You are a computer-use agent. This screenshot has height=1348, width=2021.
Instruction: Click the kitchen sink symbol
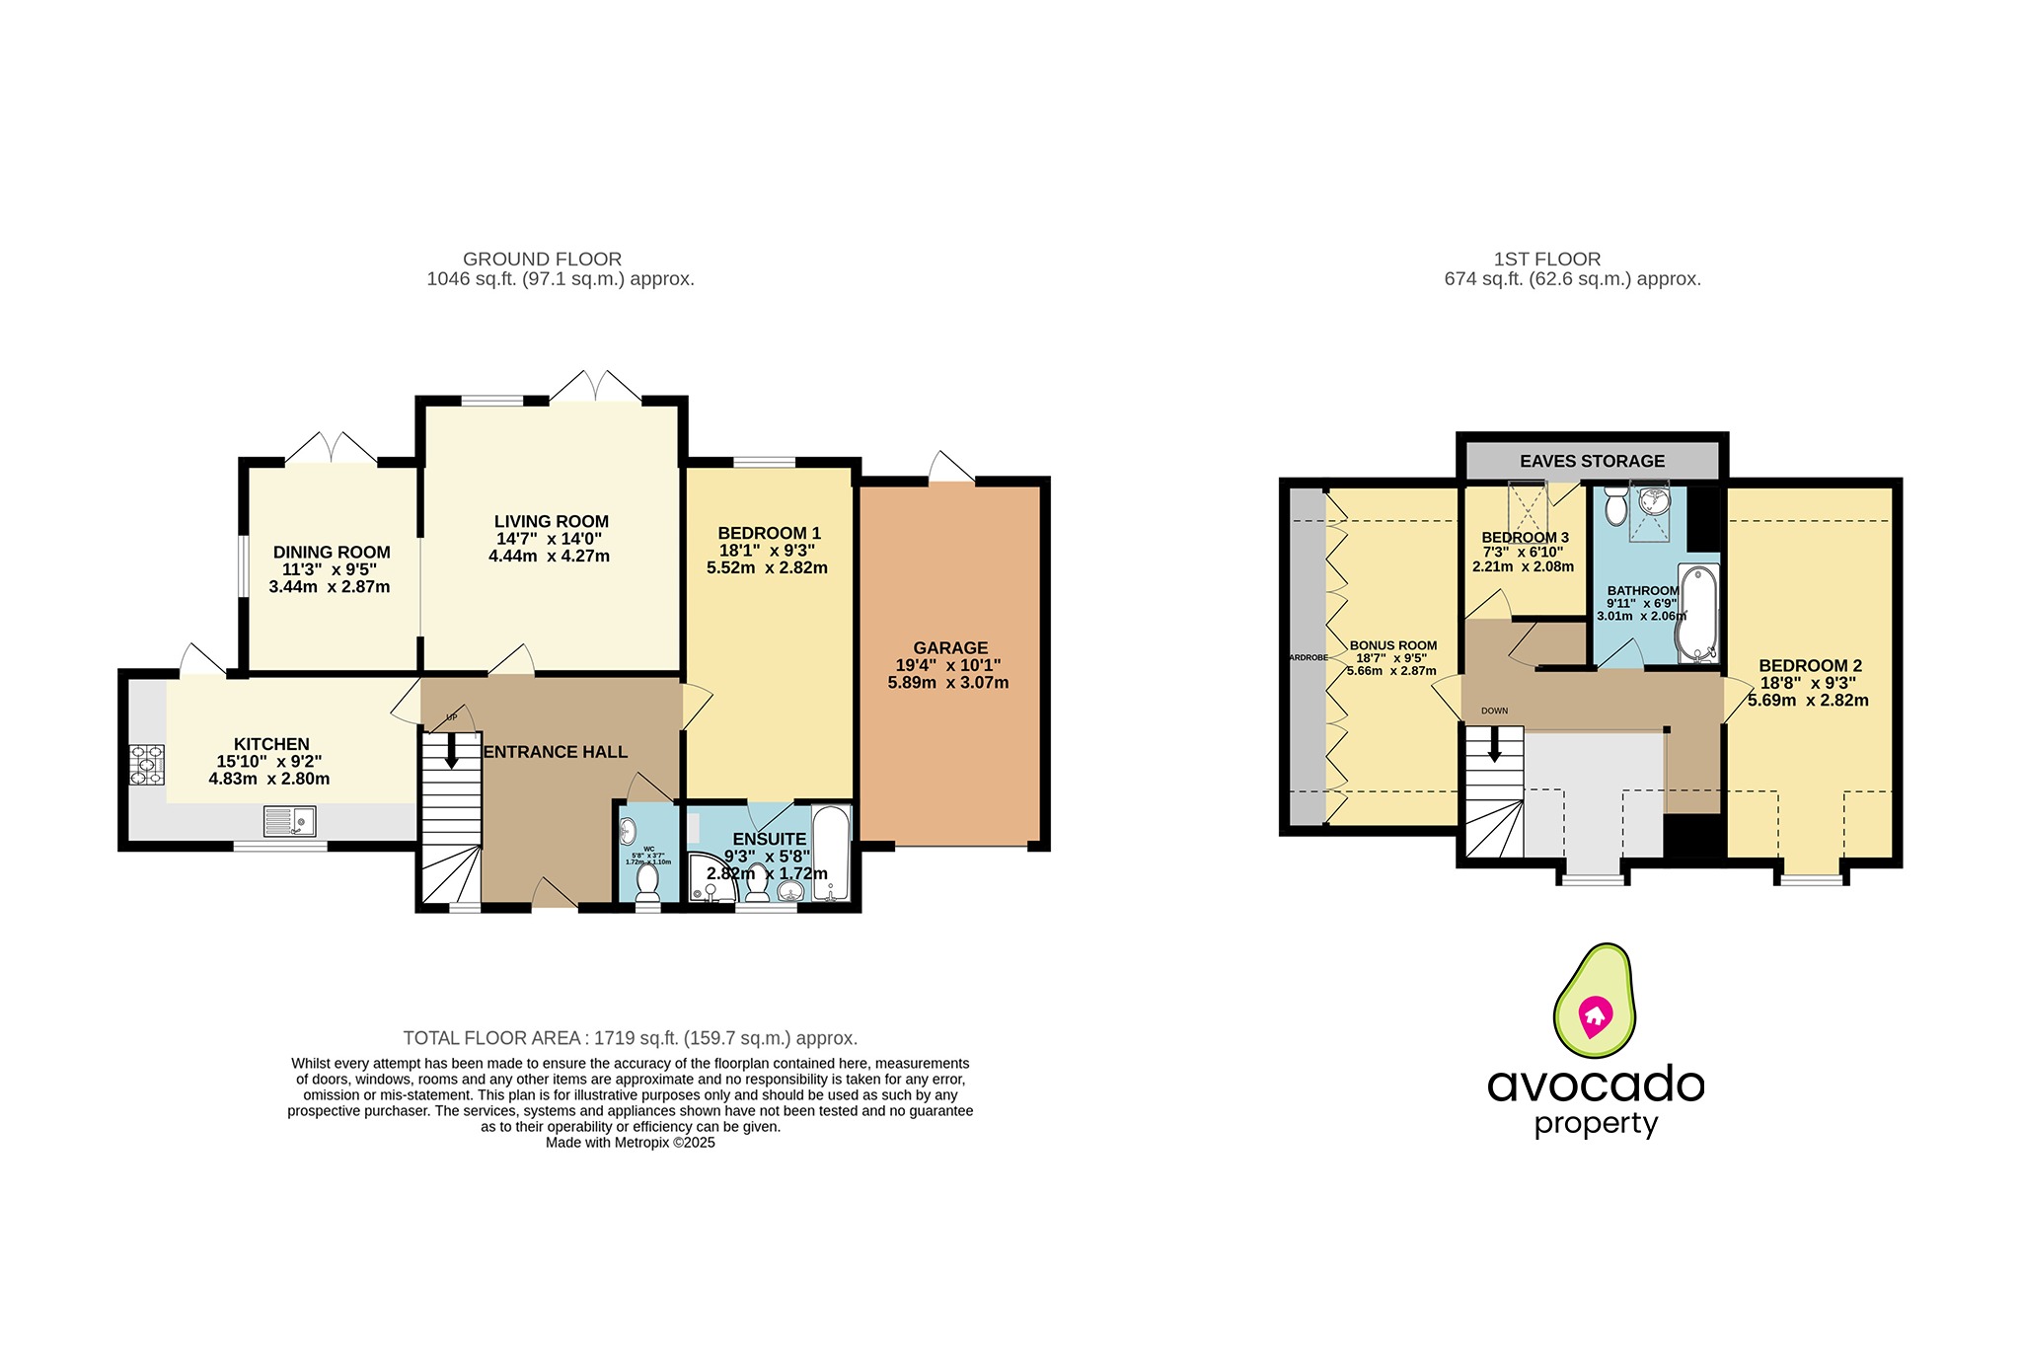click(x=289, y=821)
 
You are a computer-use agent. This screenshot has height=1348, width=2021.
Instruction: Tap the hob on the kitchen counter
click(x=146, y=765)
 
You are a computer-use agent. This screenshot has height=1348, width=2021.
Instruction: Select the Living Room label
click(x=551, y=521)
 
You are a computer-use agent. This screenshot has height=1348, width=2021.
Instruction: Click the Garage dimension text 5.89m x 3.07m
click(x=947, y=683)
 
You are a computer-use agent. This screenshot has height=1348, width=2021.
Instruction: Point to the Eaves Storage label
click(x=1592, y=461)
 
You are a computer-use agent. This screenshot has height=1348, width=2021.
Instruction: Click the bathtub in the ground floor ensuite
click(x=830, y=854)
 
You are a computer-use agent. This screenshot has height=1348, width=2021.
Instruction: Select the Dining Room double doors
click(x=332, y=448)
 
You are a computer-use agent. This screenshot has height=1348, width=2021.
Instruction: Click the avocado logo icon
click(x=1595, y=1002)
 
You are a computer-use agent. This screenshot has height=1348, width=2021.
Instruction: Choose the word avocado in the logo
click(x=1595, y=1085)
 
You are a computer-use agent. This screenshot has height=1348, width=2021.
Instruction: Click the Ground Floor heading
click(x=542, y=259)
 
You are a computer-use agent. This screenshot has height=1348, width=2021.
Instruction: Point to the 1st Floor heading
click(x=1546, y=259)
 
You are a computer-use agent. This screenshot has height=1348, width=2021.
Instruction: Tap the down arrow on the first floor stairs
click(x=1494, y=745)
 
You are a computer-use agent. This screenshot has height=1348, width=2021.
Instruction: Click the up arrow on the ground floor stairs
click(x=451, y=753)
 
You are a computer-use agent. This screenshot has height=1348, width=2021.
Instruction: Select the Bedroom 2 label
click(x=1810, y=666)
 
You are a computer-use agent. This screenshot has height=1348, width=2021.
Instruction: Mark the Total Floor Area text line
click(x=630, y=1038)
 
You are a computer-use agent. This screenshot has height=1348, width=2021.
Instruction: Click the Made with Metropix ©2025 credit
click(x=630, y=1143)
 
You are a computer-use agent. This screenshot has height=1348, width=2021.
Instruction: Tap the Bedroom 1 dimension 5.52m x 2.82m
click(x=767, y=568)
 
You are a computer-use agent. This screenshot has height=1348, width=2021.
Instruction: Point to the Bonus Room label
click(x=1392, y=645)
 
